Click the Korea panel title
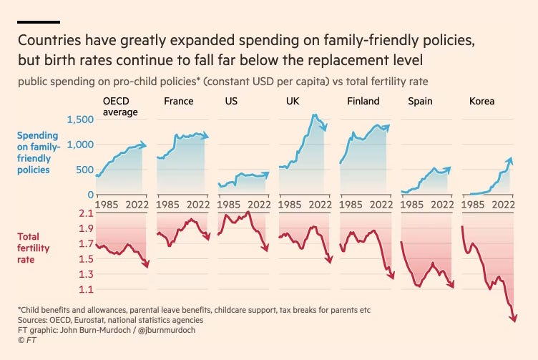point(481,101)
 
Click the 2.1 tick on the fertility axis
point(85,213)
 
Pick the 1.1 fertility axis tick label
point(85,290)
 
